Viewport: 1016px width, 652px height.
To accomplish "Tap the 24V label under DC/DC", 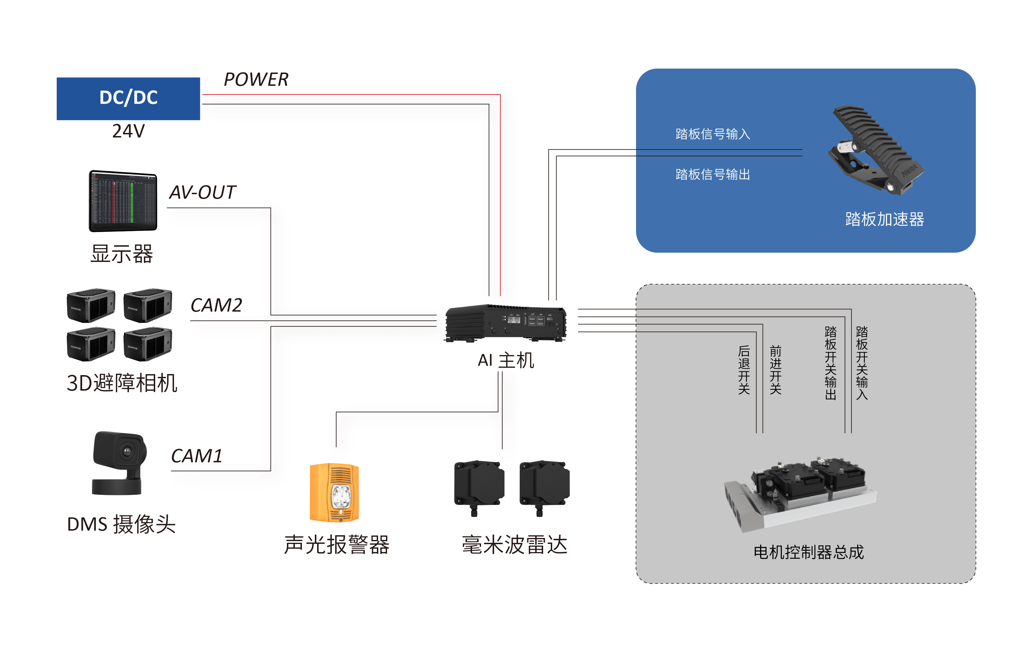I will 128,131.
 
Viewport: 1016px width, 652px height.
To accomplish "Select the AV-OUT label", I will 202,192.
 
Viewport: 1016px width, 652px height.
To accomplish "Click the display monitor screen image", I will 123,201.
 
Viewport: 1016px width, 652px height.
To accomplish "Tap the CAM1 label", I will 196,456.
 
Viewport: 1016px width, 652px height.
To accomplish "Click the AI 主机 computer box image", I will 506,323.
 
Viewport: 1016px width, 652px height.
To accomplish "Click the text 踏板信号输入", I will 713,134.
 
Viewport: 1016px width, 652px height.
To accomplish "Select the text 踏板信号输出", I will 713,174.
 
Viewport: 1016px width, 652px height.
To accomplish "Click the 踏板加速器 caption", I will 885,219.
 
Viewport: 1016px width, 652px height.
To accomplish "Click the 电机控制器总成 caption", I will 808,552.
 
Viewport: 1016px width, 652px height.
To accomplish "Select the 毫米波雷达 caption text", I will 514,545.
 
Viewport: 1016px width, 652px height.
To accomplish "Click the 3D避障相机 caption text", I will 122,383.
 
